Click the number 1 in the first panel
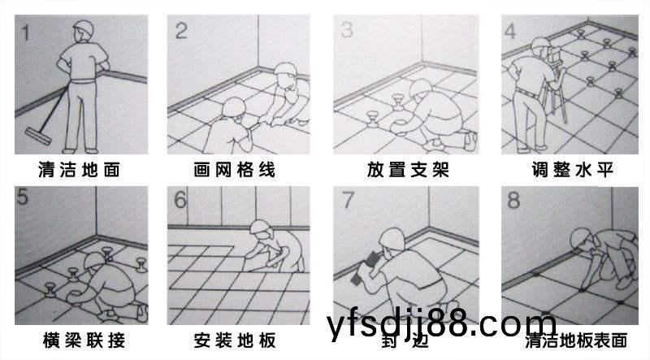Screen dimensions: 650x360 [26, 33]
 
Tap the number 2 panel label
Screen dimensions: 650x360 [180, 31]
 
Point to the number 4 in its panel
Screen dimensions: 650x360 [510, 31]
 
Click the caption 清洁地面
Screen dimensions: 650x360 [79, 170]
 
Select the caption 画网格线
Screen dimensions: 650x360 [235, 170]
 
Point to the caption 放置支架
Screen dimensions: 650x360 [408, 170]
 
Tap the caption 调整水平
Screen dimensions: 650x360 [572, 170]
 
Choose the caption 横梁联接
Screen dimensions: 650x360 [84, 340]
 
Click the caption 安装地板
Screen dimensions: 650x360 [235, 340]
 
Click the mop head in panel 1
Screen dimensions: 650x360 [38, 136]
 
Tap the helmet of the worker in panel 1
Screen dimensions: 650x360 [84, 28]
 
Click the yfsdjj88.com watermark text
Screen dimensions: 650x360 [441, 325]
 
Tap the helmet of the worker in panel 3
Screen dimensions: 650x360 [420, 89]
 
